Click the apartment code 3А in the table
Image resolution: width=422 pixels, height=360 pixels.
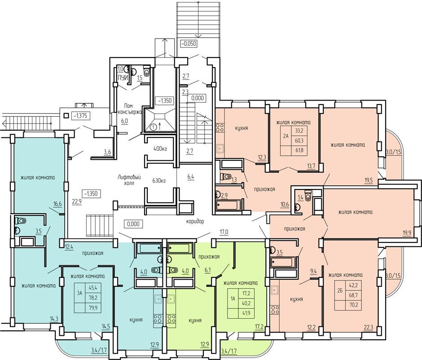click(79, 293)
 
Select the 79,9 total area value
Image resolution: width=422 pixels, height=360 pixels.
click(93, 307)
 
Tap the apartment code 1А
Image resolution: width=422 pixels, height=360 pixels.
click(233, 299)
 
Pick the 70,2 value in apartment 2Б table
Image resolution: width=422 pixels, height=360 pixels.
click(353, 305)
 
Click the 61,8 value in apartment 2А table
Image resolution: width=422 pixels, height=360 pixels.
click(299, 150)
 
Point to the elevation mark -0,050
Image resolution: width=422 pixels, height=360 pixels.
click(189, 43)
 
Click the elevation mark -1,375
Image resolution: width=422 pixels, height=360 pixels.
click(80, 116)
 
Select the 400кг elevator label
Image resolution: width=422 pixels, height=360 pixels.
click(160, 149)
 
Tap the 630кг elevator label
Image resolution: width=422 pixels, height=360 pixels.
click(159, 180)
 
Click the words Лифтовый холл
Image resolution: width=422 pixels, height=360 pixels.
click(129, 180)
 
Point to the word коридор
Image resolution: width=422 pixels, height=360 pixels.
click(195, 221)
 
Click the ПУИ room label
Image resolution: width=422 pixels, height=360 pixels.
click(123, 78)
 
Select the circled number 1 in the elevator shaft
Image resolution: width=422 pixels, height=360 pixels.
click(154, 127)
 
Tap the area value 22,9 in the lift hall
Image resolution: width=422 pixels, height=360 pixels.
click(77, 201)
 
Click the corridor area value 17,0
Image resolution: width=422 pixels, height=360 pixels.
click(224, 232)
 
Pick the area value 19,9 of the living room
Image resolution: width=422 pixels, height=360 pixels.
click(407, 233)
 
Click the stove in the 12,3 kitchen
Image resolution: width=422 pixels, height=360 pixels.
click(220, 127)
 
